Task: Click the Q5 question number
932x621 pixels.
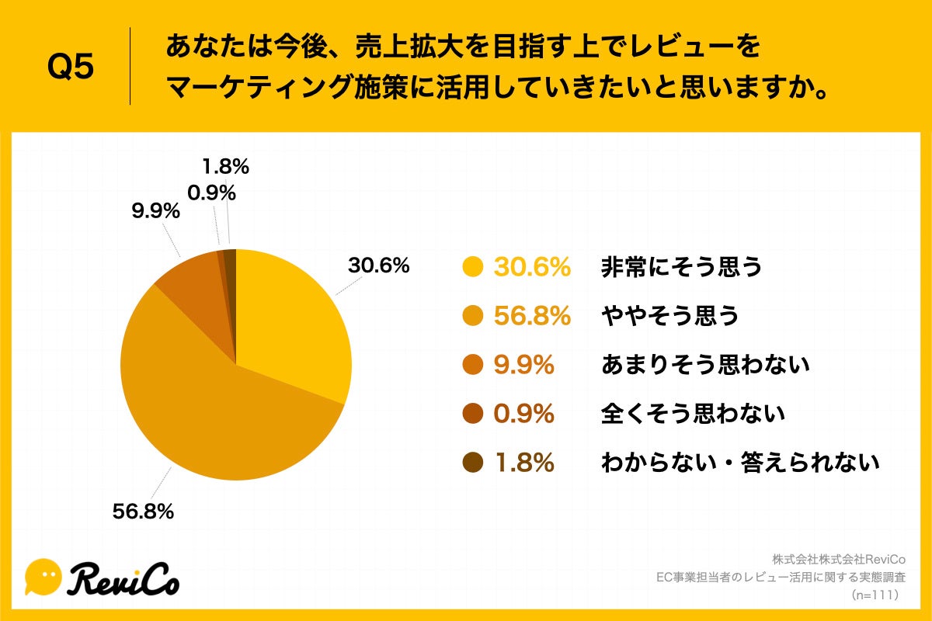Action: point(70,68)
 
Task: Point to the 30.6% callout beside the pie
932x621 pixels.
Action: point(378,265)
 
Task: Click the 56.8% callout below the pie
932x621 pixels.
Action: point(143,512)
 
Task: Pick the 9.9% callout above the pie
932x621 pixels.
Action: point(155,211)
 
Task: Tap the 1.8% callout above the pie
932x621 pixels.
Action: point(225,166)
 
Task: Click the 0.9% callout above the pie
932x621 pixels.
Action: point(211,192)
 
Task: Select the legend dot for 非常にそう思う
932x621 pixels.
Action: point(472,268)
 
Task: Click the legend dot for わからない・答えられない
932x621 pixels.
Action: point(472,463)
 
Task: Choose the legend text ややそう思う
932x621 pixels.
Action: point(669,317)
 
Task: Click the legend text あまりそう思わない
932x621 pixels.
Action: point(705,366)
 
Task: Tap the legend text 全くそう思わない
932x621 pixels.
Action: point(693,415)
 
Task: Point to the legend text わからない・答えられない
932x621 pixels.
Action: point(740,463)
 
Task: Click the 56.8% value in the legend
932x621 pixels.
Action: point(532,317)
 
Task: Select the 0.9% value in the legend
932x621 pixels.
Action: point(524,415)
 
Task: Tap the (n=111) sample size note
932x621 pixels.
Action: point(875,595)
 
